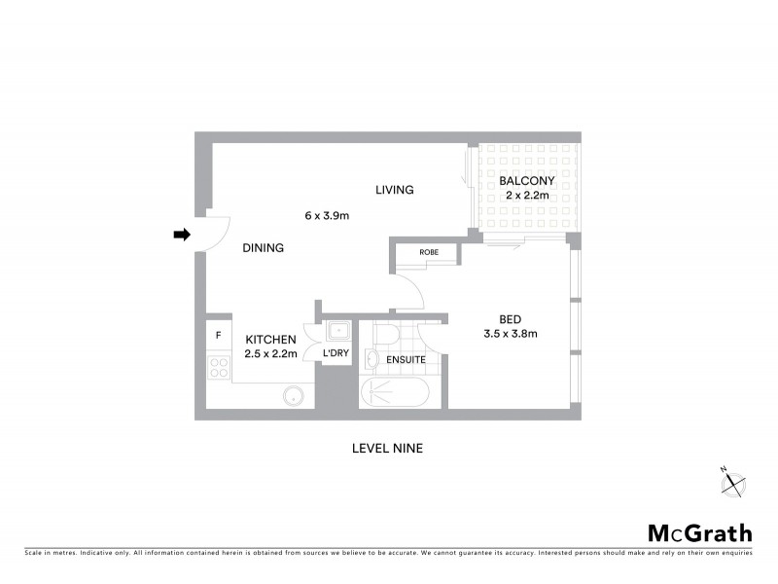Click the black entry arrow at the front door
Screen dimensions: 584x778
click(182, 235)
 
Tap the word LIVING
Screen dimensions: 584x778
click(395, 190)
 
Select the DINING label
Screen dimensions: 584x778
click(263, 248)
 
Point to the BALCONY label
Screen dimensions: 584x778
click(526, 181)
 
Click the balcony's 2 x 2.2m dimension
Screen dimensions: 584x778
click(527, 196)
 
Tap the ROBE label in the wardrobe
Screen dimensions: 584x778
click(429, 252)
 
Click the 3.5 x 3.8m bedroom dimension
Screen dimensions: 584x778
click(511, 334)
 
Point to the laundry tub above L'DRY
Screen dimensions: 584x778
click(336, 330)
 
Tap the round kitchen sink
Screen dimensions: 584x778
click(293, 396)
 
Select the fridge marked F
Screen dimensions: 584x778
click(219, 336)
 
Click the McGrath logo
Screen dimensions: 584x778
click(699, 532)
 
